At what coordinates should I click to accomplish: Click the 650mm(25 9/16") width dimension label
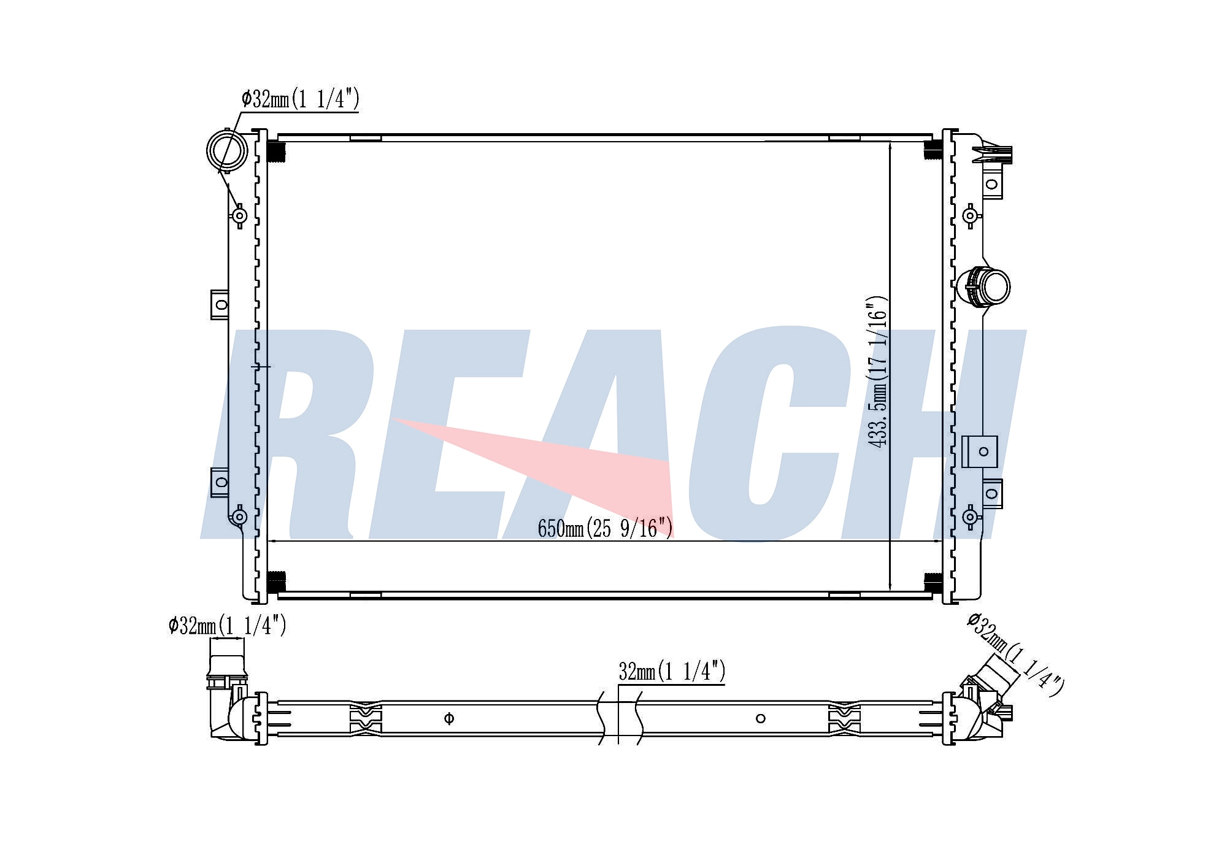tap(605, 528)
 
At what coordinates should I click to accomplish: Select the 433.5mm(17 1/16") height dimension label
tap(877, 372)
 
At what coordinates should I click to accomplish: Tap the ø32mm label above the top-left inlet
tap(300, 99)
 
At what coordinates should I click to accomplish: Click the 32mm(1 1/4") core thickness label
tap(672, 672)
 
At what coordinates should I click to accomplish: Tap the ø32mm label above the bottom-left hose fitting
tap(228, 626)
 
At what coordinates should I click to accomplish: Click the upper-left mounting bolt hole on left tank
tap(240, 215)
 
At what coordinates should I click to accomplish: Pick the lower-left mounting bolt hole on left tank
tap(240, 517)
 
